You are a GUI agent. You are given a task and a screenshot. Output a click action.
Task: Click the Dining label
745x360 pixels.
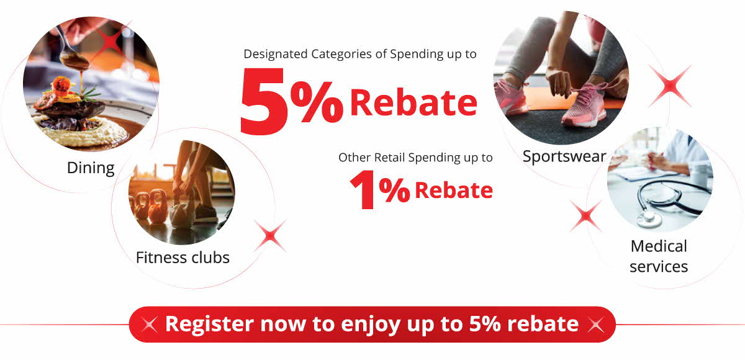91,168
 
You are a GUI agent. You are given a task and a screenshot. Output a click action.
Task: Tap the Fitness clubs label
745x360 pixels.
183,258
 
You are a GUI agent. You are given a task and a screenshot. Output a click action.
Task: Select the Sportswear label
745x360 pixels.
564,156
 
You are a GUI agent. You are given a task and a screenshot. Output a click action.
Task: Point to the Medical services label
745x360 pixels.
659,256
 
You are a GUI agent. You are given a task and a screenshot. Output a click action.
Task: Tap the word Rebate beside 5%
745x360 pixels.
413,102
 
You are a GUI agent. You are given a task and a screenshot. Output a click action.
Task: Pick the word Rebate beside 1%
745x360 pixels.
454,191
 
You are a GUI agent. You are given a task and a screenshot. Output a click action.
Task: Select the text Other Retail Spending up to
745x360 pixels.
415,158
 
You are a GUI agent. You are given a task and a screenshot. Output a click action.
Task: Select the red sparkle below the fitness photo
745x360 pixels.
270,236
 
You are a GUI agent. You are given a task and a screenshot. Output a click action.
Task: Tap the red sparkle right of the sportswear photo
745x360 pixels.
669,86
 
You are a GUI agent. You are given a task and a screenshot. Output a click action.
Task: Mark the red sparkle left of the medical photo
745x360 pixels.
586,216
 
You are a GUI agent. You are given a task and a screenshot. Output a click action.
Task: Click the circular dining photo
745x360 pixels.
91,84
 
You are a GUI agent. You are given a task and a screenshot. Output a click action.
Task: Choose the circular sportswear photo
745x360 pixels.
561,78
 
